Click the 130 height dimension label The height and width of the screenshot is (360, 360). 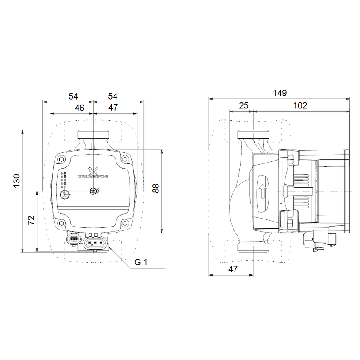(x=17, y=180)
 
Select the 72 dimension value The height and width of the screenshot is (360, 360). (x=31, y=220)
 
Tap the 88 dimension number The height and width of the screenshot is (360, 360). (x=155, y=188)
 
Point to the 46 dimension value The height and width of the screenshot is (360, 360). (x=79, y=108)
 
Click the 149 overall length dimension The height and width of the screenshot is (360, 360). (x=280, y=93)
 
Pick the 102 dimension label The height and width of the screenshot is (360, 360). (x=300, y=105)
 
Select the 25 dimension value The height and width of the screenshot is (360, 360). (x=243, y=105)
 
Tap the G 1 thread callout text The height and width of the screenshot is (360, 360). (x=141, y=262)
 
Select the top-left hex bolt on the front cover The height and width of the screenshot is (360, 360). (x=62, y=160)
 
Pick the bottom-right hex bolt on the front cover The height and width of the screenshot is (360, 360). (x=124, y=224)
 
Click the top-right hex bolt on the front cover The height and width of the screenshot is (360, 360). (x=124, y=160)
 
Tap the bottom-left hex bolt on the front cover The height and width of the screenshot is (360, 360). (x=62, y=224)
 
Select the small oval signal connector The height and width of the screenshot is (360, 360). (x=74, y=240)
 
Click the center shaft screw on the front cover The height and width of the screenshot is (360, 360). (x=93, y=192)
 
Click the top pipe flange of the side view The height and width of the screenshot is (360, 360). (x=253, y=135)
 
